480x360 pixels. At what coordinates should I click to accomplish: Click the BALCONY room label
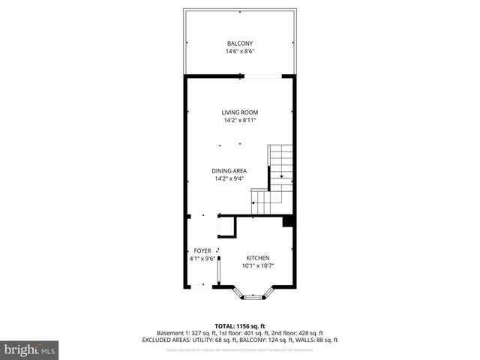pyautogui.click(x=239, y=43)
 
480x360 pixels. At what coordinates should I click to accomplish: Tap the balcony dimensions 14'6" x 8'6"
pyautogui.click(x=239, y=52)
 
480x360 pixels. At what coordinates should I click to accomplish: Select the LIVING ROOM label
pyautogui.click(x=239, y=112)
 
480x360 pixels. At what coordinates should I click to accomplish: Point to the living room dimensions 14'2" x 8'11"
pyautogui.click(x=239, y=121)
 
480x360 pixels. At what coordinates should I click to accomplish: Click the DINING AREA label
pyautogui.click(x=230, y=170)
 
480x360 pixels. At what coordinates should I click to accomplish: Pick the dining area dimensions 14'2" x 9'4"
pyautogui.click(x=230, y=179)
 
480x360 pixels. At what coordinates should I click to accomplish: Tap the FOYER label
pyautogui.click(x=202, y=250)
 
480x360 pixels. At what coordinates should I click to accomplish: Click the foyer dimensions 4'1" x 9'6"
pyautogui.click(x=202, y=259)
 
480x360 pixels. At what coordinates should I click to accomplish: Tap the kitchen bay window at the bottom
pyautogui.click(x=252, y=295)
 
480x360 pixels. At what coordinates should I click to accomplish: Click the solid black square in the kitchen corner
pyautogui.click(x=286, y=222)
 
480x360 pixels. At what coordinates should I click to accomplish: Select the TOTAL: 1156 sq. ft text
pyautogui.click(x=239, y=326)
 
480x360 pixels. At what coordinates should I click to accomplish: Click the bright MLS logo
pyautogui.click(x=29, y=349)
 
